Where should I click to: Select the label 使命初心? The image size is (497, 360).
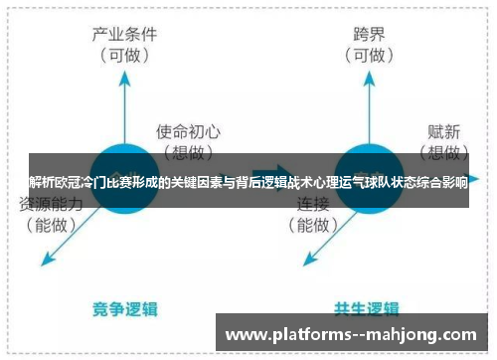point(187,130)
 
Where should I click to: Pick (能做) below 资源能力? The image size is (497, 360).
point(50,225)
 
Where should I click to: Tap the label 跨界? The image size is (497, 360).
point(368,35)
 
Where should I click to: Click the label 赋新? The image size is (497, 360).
point(444,129)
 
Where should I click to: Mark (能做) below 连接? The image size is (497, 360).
point(315,225)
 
